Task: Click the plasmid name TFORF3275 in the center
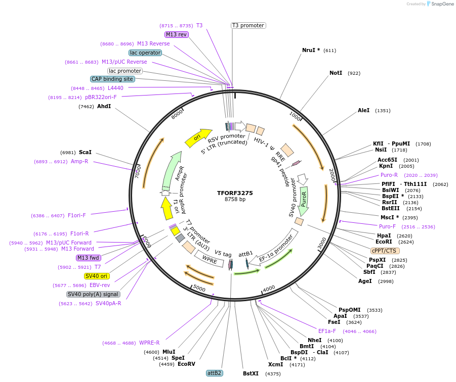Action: [235, 193]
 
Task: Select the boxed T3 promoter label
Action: [248, 25]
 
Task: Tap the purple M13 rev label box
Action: [177, 34]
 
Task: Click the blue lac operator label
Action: [145, 53]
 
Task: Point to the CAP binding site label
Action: [112, 79]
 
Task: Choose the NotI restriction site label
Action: [336, 73]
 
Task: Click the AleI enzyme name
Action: [363, 110]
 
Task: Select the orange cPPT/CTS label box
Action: [385, 251]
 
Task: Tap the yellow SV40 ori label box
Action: [97, 276]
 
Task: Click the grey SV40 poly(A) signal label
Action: [93, 294]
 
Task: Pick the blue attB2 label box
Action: [214, 373]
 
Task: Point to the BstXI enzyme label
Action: [251, 374]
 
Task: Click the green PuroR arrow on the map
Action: [304, 199]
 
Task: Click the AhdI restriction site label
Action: [104, 107]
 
